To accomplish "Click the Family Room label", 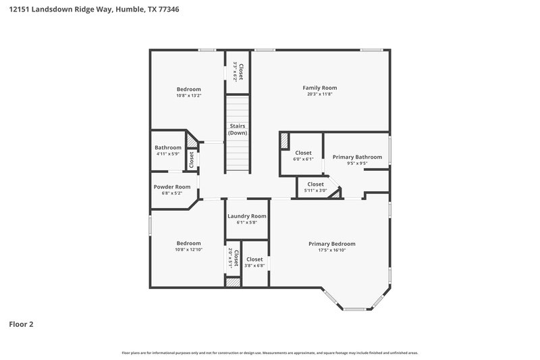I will tap(319, 88).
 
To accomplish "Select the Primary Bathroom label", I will tap(357, 157).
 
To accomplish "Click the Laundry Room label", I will tap(246, 216).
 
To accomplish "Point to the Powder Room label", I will tap(171, 187).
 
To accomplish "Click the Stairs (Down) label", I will tap(237, 129).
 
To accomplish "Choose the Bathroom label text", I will tap(167, 147).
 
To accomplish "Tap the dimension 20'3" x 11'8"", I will tap(319, 95).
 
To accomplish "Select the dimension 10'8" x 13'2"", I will tap(188, 95).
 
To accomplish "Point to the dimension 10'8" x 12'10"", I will tap(188, 250).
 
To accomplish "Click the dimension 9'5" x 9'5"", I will tap(357, 163).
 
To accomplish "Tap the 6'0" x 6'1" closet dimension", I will tap(303, 159).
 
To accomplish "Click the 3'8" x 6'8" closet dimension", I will tap(254, 265).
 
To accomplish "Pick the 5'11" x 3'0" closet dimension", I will tap(315, 190).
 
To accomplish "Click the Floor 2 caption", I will tap(21, 324).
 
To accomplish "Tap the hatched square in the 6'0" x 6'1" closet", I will tap(284, 140).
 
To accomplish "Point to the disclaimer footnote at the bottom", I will tap(269, 353).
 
